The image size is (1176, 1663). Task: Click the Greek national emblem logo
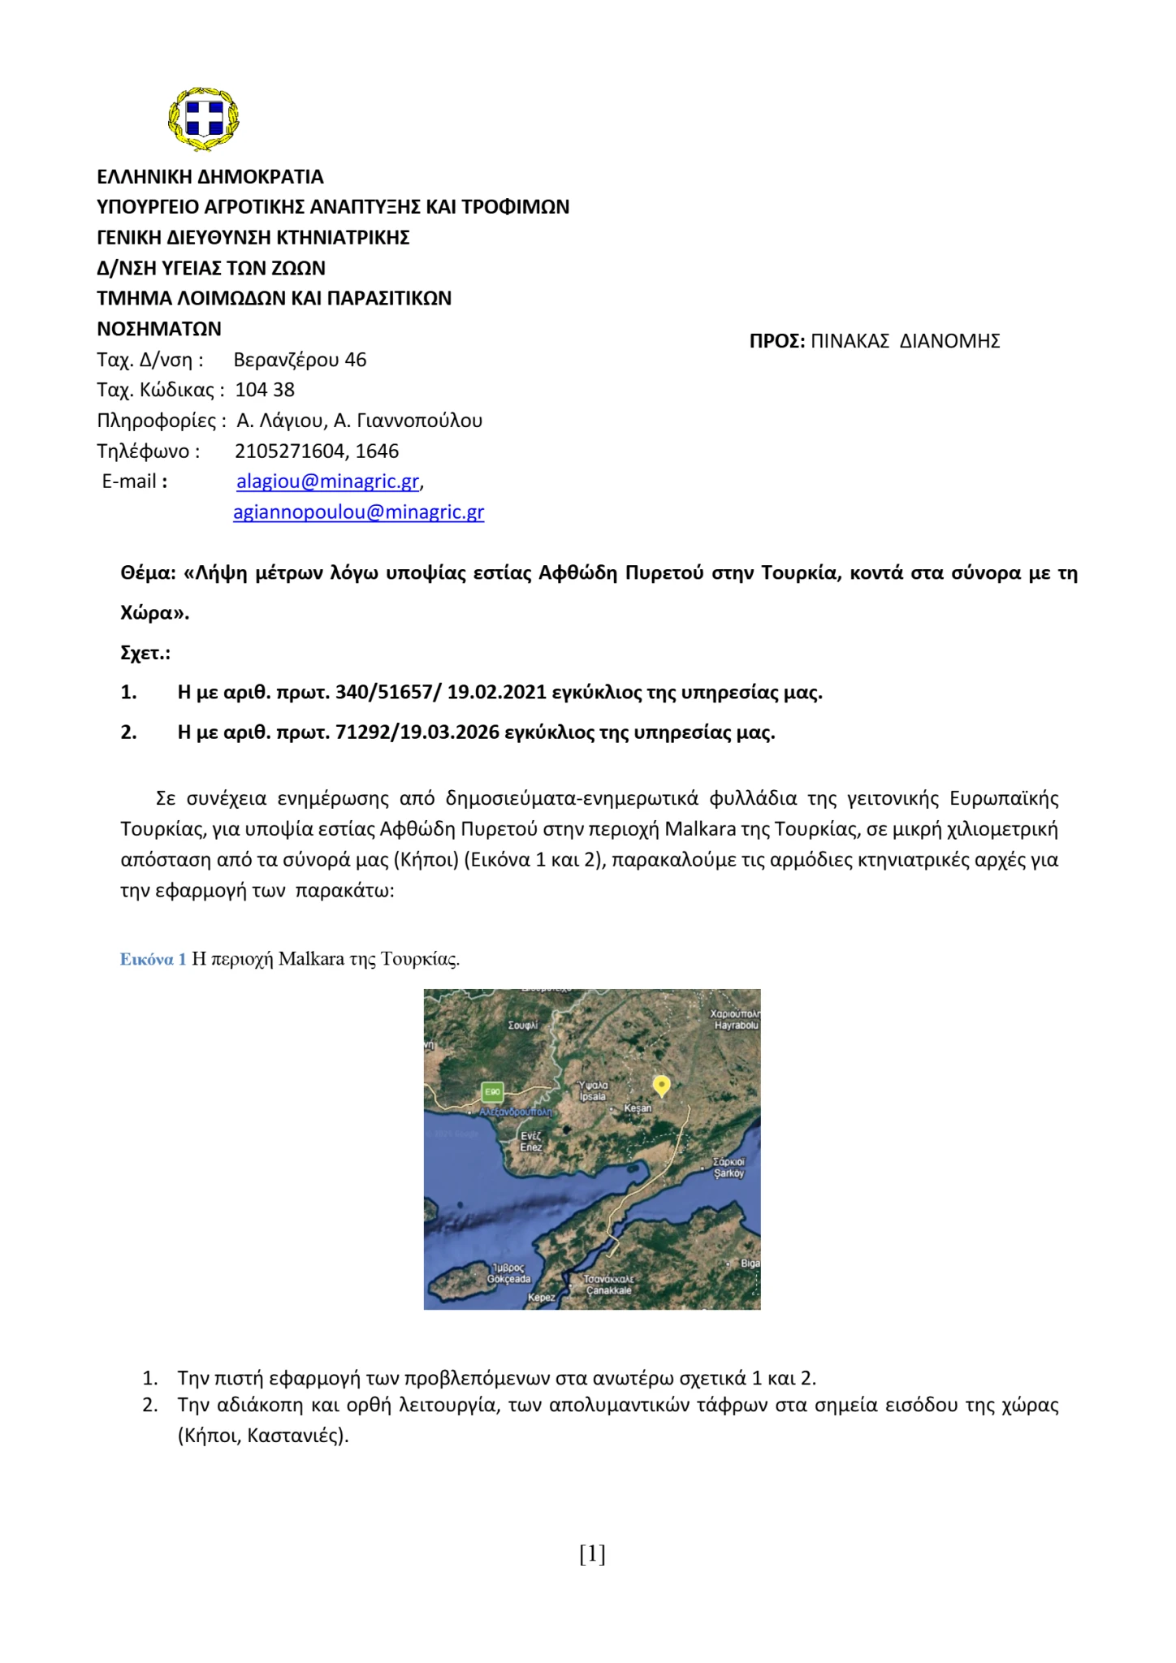(x=203, y=119)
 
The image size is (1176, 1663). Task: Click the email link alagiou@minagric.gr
(x=327, y=482)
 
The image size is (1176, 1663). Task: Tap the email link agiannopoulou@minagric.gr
(x=358, y=512)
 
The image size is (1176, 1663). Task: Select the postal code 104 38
(x=265, y=390)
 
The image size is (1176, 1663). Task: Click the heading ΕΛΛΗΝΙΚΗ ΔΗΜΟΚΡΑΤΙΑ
(x=210, y=177)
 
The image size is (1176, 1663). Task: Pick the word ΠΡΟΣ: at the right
(x=776, y=341)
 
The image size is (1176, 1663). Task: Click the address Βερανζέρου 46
(x=300, y=360)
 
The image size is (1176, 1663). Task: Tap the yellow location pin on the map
(x=662, y=1085)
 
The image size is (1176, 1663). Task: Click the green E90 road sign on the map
(x=492, y=1092)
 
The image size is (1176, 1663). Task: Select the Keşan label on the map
(x=638, y=1108)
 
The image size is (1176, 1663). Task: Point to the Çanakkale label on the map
(x=608, y=1290)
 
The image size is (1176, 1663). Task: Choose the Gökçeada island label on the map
(x=508, y=1279)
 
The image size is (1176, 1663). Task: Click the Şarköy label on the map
(x=729, y=1173)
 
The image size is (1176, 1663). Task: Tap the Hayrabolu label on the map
(x=736, y=1026)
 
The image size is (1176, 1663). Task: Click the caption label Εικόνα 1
(x=153, y=959)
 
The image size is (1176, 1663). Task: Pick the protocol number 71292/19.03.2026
(x=417, y=732)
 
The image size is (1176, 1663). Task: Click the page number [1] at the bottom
(x=592, y=1554)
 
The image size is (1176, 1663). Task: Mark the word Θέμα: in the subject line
(x=148, y=573)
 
